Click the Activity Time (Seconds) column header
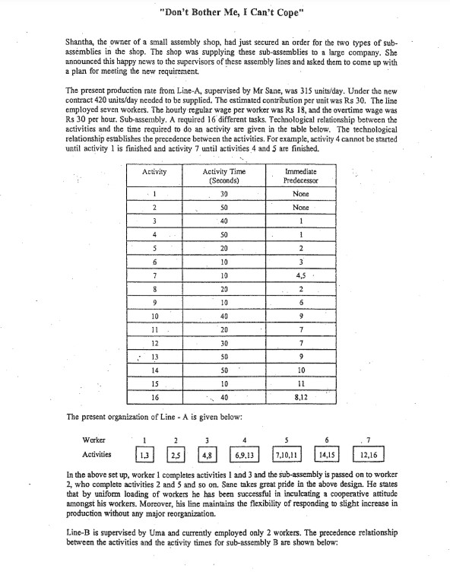224,176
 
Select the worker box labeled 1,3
144,455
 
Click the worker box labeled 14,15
328,455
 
